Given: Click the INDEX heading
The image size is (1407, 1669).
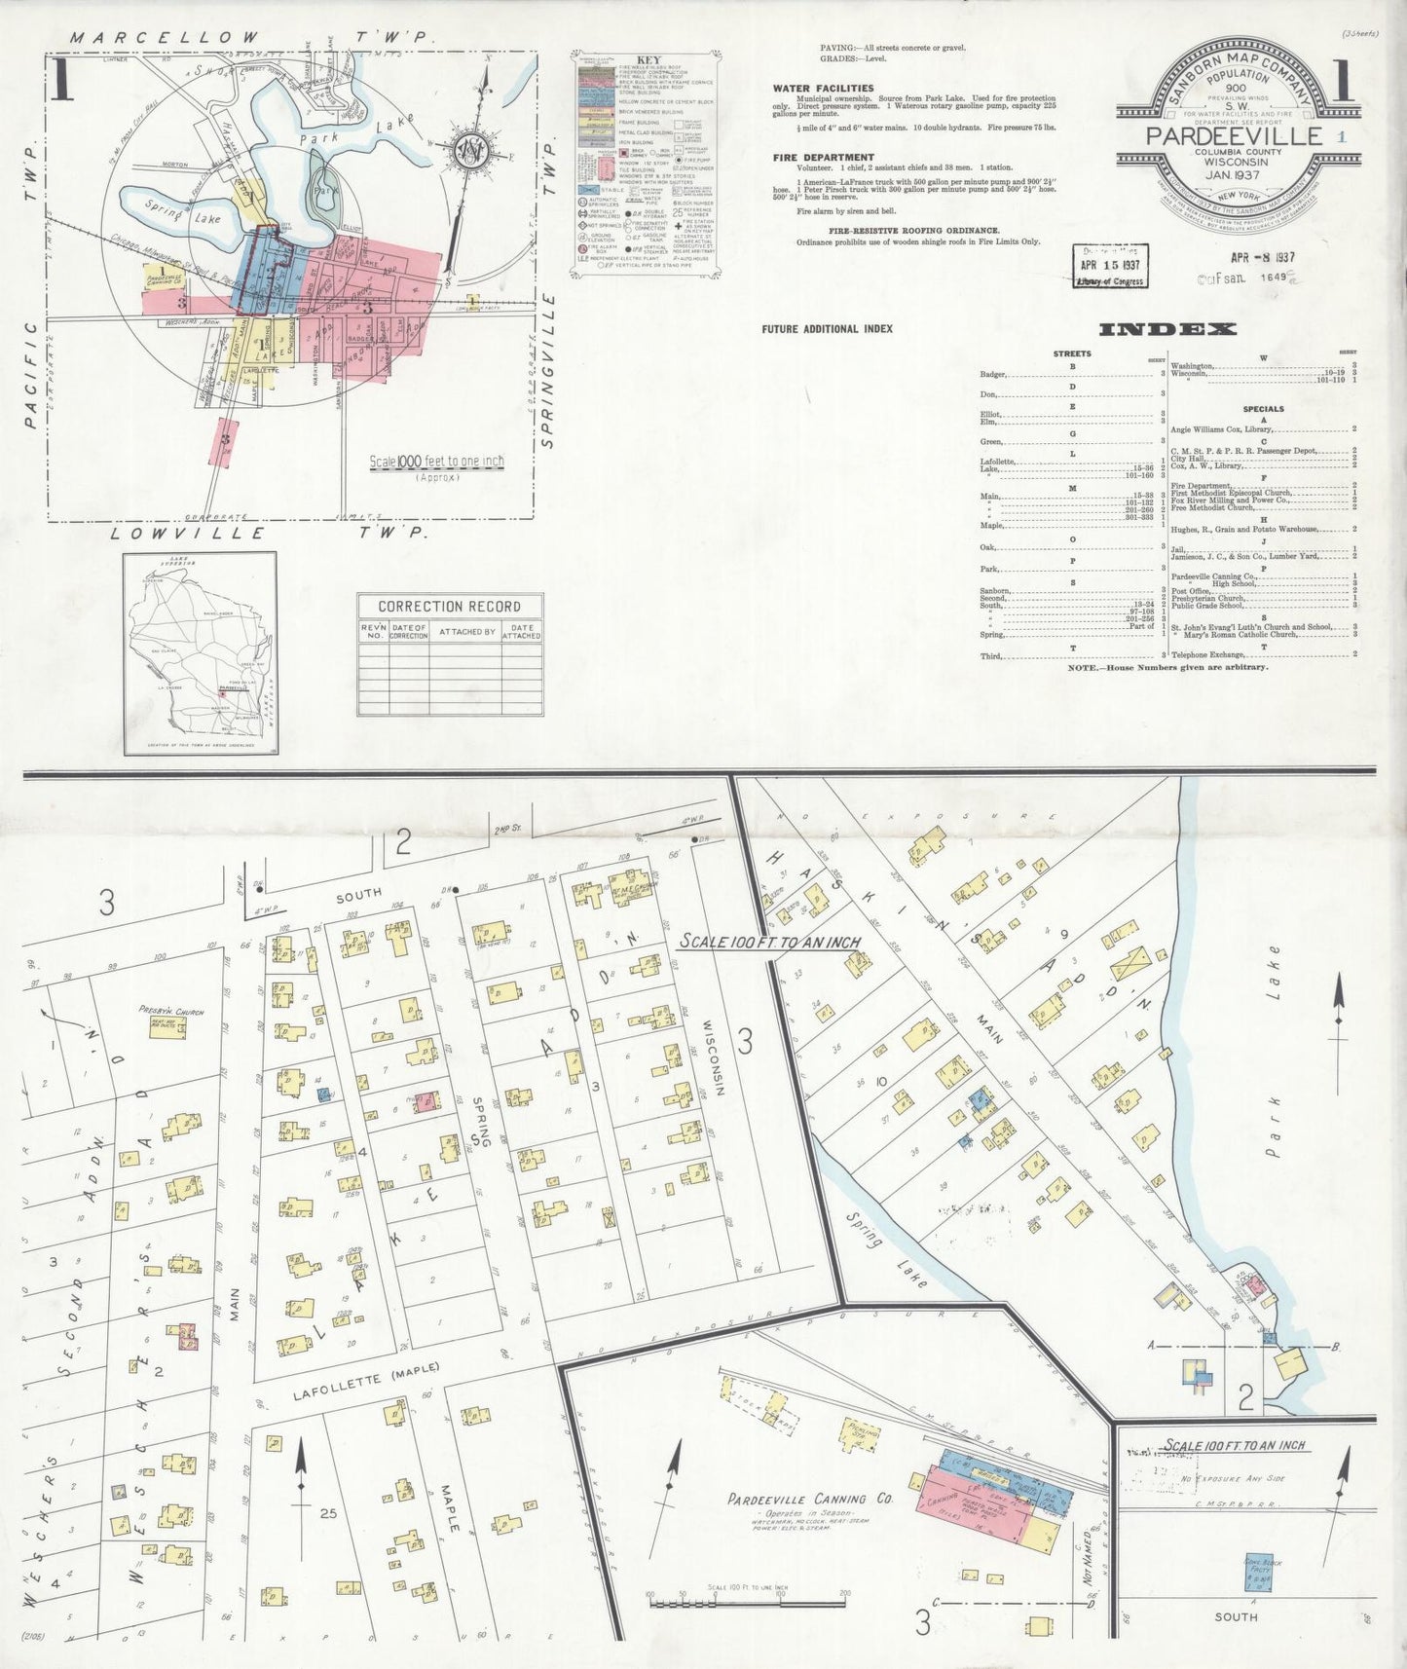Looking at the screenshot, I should pyautogui.click(x=1167, y=329).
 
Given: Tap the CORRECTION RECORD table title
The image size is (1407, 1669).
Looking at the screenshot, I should pyautogui.click(x=449, y=606).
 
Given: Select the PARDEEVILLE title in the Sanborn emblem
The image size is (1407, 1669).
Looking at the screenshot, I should pyautogui.click(x=1234, y=136).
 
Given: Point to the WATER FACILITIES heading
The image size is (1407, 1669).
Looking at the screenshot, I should pyautogui.click(x=823, y=88).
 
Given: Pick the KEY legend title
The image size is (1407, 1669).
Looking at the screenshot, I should pyautogui.click(x=647, y=59).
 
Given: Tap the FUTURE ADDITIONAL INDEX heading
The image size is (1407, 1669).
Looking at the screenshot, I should pyautogui.click(x=827, y=329).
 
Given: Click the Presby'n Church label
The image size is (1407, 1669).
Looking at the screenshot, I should pyautogui.click(x=171, y=1012).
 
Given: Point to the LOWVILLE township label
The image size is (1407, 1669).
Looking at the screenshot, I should pyautogui.click(x=187, y=534).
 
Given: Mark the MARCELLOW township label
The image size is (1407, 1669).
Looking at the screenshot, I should pyautogui.click(x=165, y=38).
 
